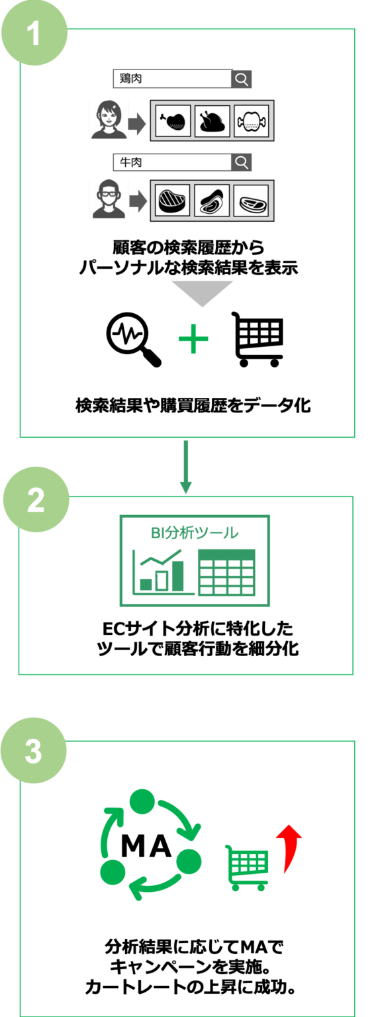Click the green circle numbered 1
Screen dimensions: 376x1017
click(34, 32)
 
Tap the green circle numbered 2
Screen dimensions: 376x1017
click(36, 499)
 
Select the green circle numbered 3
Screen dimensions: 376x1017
click(34, 750)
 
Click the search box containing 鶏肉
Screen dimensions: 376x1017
click(172, 79)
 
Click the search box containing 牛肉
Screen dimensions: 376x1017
click(172, 162)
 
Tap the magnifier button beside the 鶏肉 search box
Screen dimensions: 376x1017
click(242, 79)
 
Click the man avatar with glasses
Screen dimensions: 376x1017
click(109, 199)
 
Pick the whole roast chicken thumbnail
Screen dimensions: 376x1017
click(212, 121)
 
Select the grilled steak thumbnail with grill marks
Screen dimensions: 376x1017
click(173, 200)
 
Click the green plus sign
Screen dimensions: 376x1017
click(193, 339)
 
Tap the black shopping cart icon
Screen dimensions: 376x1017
click(258, 339)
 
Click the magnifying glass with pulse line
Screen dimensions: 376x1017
click(134, 339)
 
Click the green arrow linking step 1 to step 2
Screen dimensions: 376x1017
click(185, 466)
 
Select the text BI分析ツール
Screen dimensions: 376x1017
click(195, 532)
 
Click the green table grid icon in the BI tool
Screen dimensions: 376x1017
click(226, 572)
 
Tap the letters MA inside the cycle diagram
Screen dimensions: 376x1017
click(146, 846)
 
